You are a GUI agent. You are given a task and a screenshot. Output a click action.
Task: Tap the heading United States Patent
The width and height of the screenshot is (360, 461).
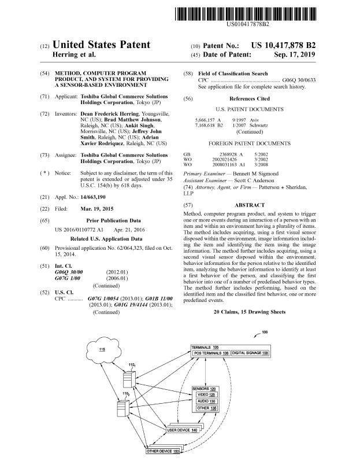pyautogui.click(x=101, y=45)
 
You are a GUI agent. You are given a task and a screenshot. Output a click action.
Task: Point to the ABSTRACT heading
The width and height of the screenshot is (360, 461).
pyautogui.click(x=250, y=205)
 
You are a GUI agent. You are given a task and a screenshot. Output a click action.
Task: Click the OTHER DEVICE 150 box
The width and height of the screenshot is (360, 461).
pyautogui.click(x=162, y=451)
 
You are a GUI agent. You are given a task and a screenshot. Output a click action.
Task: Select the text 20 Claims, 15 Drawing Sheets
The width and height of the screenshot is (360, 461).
pyautogui.click(x=249, y=312)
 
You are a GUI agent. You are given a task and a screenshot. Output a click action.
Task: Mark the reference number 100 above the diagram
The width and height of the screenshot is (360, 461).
pyautogui.click(x=265, y=332)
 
